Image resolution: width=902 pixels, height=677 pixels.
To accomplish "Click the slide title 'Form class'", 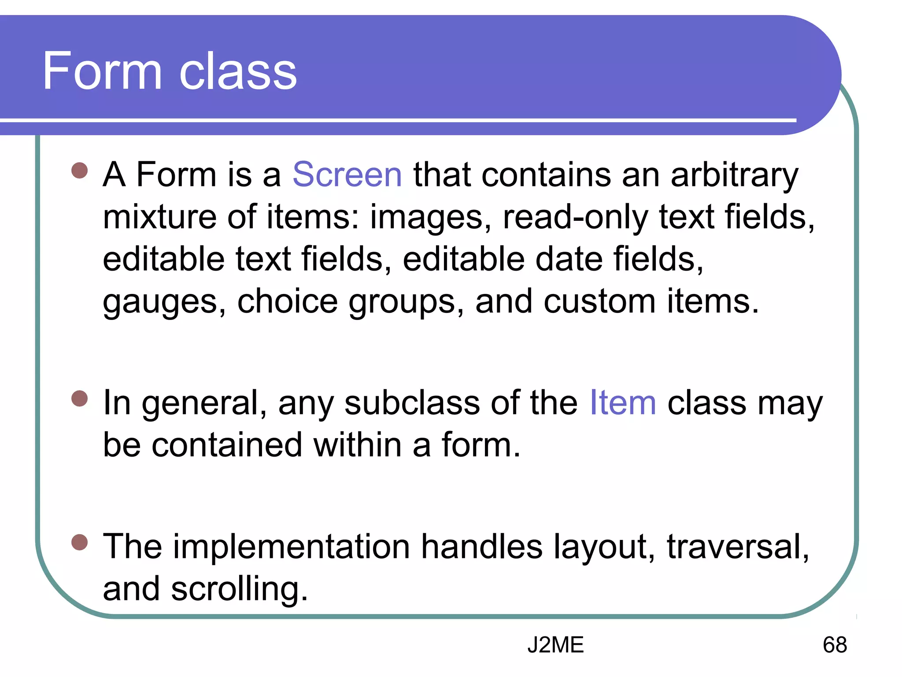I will [x=170, y=71].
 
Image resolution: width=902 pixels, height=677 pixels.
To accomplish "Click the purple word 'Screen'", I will [x=347, y=175].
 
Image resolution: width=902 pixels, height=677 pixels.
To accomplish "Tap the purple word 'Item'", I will [x=623, y=403].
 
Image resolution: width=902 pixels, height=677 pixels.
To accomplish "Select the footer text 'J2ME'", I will [x=555, y=645].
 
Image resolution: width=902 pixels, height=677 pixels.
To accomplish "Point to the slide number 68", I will [x=835, y=645].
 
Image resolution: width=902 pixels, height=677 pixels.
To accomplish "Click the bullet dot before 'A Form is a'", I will [x=80, y=170].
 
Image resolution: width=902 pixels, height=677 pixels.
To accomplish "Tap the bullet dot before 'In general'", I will [x=80, y=398].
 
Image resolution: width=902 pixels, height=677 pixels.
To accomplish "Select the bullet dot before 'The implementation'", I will [x=80, y=542].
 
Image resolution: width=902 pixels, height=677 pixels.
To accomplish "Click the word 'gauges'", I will [x=164, y=303].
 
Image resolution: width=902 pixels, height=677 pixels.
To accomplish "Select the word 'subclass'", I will [x=412, y=403].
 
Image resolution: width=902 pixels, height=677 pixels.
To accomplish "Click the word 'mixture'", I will [x=159, y=217].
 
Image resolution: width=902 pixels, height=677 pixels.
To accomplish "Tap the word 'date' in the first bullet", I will [x=569, y=259].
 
